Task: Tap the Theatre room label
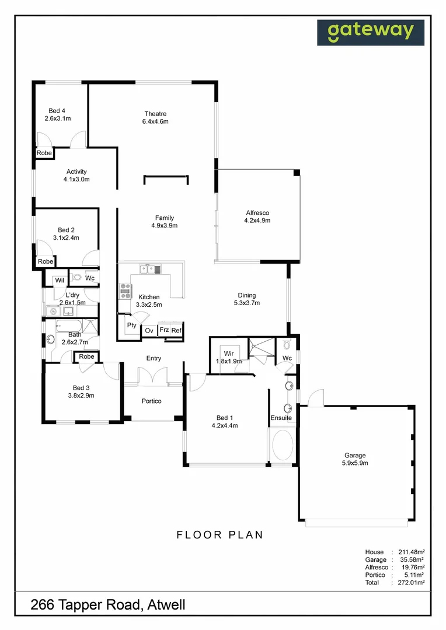pos(155,114)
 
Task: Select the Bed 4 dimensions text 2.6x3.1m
pos(57,118)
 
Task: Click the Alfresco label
pos(257,213)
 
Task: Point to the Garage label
pos(354,456)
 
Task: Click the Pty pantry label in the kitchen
pos(131,325)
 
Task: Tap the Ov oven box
pos(149,331)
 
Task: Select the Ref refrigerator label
pos(176,331)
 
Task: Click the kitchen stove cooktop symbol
pos(125,286)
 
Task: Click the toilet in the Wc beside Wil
pos(78,278)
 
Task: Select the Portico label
pos(151,401)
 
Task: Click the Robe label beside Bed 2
pos(45,262)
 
